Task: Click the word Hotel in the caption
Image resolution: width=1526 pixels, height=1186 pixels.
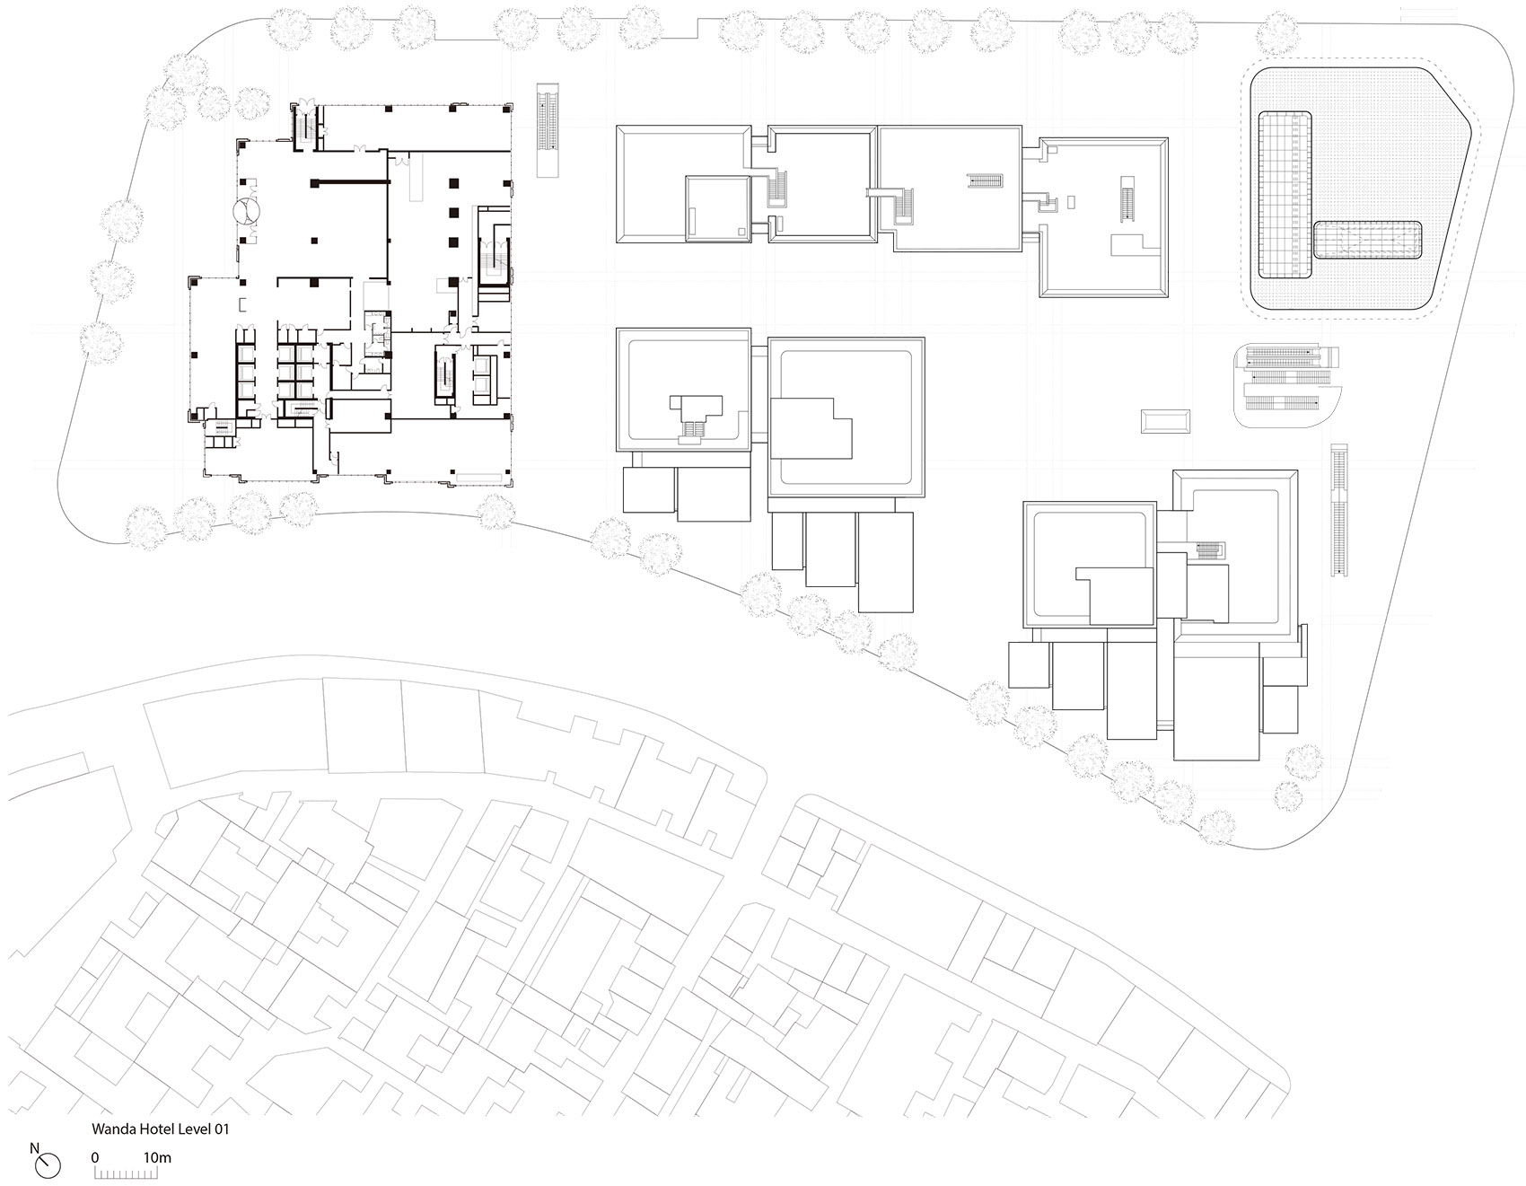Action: pyautogui.click(x=156, y=1129)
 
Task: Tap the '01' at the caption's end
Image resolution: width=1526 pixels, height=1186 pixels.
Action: pyautogui.click(x=221, y=1129)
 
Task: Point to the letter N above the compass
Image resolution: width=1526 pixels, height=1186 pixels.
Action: pyautogui.click(x=34, y=1147)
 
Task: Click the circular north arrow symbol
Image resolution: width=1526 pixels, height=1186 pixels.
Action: pyautogui.click(x=48, y=1165)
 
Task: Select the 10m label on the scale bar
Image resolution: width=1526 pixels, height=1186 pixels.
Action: pyautogui.click(x=157, y=1157)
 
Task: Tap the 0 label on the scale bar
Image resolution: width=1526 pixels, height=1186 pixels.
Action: pyautogui.click(x=95, y=1157)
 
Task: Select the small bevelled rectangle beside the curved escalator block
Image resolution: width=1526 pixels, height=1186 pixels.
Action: pyautogui.click(x=1165, y=421)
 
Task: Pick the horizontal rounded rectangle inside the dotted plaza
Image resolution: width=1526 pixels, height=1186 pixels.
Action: pyautogui.click(x=1369, y=241)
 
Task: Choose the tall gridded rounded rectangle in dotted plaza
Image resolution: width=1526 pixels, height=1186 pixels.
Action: pyautogui.click(x=1285, y=195)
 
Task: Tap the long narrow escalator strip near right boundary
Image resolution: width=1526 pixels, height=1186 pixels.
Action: pyautogui.click(x=1339, y=509)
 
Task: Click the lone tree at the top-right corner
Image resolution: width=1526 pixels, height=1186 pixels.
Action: pyautogui.click(x=1277, y=34)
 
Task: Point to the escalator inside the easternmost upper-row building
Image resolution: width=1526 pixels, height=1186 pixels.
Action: pyautogui.click(x=1128, y=199)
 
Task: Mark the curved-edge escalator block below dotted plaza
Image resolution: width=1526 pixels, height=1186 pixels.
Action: pyautogui.click(x=1285, y=387)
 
